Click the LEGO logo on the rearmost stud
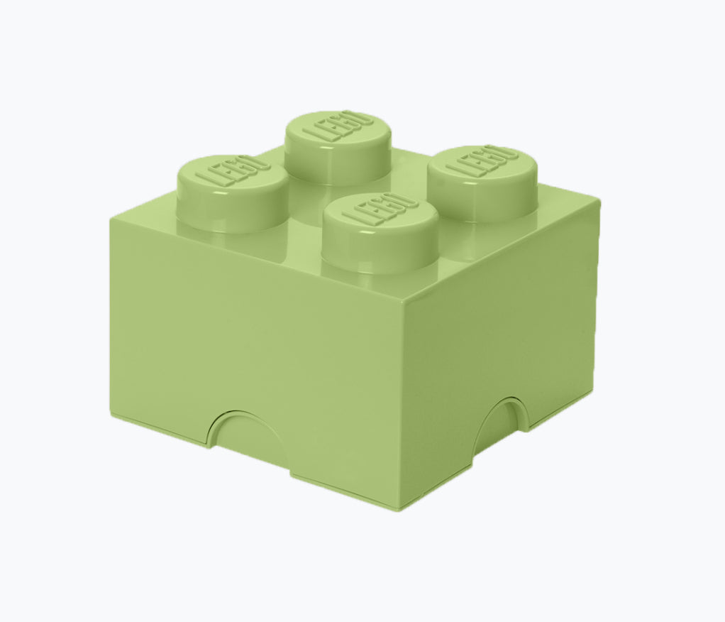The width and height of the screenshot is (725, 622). click(338, 125)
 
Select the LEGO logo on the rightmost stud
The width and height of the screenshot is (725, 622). click(482, 160)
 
